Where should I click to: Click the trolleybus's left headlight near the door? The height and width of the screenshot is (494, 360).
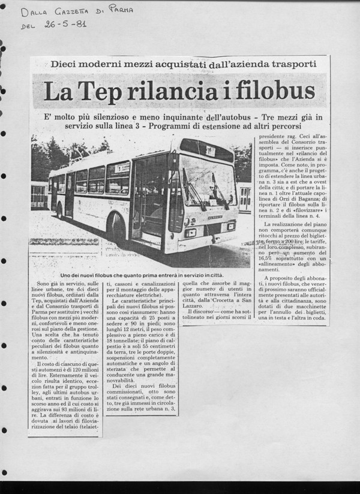[190, 231]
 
